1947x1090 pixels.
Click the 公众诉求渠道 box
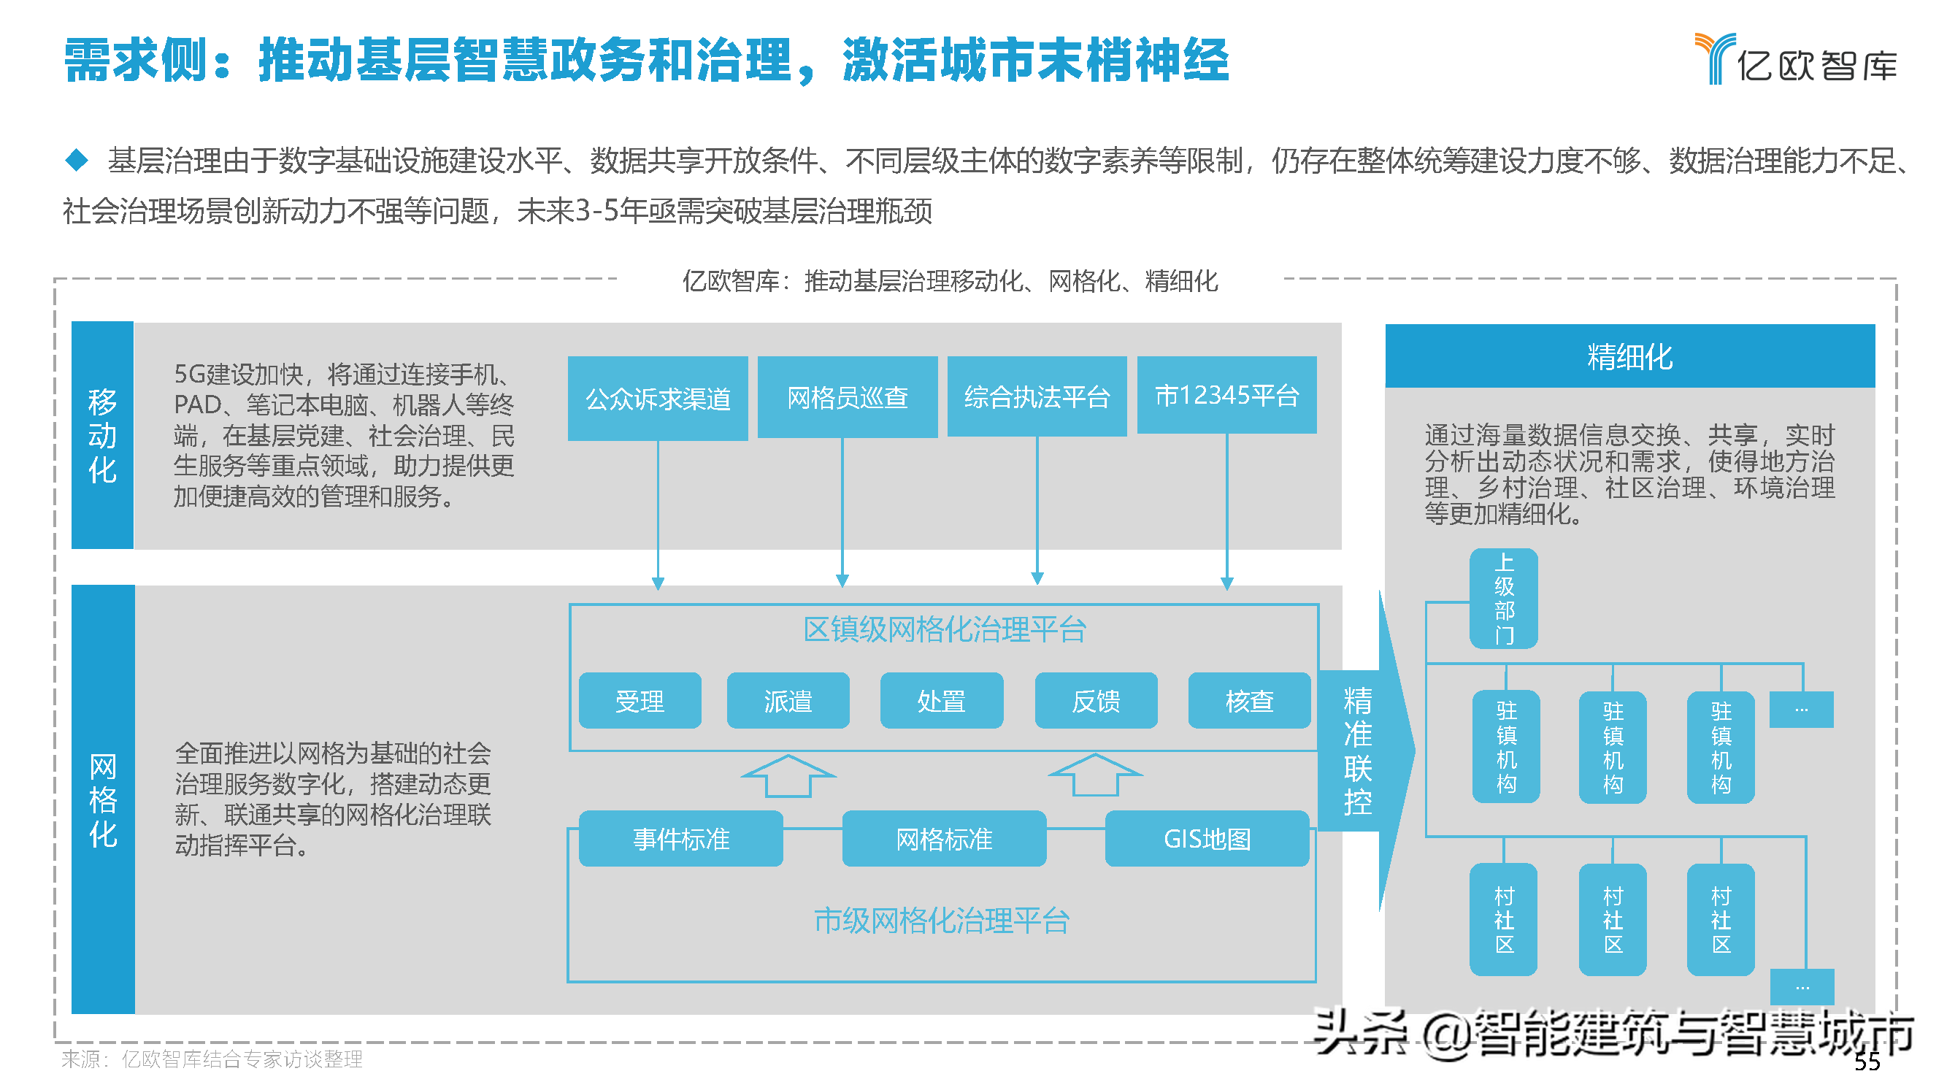658,399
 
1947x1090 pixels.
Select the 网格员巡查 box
848,397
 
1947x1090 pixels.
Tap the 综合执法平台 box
1037,397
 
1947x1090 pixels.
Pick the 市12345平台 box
1226,395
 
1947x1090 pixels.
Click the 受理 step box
640,701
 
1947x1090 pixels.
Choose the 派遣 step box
788,701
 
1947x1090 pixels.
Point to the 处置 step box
941,701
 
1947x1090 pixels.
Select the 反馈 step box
1096,701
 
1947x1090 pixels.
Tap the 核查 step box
1249,701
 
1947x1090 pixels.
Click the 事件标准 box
680,838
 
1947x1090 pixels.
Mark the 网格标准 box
944,838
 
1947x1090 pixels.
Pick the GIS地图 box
1207,838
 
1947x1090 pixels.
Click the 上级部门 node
1503,598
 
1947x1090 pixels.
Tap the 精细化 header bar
1629,356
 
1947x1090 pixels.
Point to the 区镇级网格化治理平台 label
944,629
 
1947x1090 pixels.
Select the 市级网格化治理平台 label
941,920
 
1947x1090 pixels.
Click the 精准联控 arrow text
1357,751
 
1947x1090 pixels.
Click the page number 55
1867,1062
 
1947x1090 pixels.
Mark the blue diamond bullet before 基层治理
77,159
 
